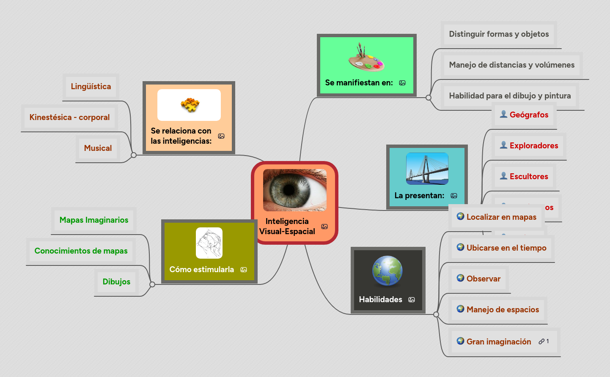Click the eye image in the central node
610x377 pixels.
294,190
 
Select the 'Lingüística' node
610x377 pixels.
91,87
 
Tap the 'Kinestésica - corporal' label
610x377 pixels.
69,117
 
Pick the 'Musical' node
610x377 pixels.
98,148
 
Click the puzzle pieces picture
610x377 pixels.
190,105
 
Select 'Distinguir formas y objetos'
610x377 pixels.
499,34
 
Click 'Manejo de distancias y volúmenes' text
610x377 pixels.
511,65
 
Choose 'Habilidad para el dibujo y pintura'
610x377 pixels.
510,96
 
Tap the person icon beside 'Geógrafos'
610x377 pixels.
503,114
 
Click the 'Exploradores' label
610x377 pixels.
533,146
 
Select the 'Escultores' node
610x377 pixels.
528,177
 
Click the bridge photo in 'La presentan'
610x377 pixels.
427,169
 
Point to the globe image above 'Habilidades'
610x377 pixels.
387,271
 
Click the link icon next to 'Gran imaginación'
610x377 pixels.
541,341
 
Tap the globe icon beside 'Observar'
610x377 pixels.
461,278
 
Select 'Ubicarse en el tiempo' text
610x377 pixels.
506,248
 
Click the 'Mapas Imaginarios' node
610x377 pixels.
94,220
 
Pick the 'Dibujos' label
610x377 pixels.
116,282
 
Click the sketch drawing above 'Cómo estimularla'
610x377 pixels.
209,243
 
